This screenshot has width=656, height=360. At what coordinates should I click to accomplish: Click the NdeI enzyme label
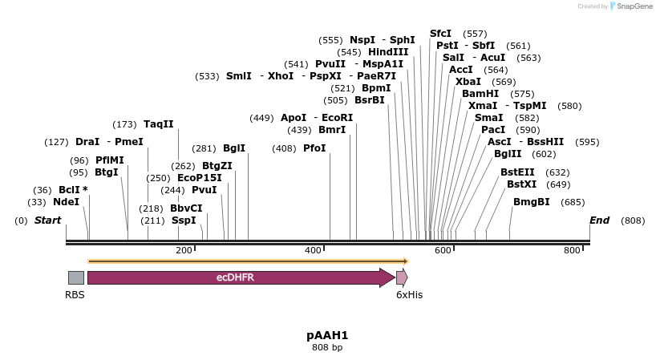pyautogui.click(x=66, y=202)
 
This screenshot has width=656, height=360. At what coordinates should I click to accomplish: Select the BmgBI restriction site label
pyautogui.click(x=531, y=202)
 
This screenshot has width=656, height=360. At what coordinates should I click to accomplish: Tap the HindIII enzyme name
pyautogui.click(x=388, y=52)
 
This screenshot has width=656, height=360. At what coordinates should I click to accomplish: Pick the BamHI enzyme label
pyautogui.click(x=480, y=94)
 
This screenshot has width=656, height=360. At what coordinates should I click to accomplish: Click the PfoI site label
pyautogui.click(x=314, y=148)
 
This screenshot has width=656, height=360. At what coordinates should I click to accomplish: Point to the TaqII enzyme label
pyautogui.click(x=158, y=124)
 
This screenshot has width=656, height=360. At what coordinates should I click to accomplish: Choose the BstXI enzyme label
pyautogui.click(x=521, y=184)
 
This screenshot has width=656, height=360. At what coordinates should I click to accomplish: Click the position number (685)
pyautogui.click(x=573, y=202)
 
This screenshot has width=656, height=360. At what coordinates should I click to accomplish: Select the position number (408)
pyautogui.click(x=284, y=148)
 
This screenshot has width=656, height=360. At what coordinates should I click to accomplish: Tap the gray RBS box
pyautogui.click(x=75, y=277)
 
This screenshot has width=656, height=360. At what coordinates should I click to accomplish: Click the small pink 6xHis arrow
pyautogui.click(x=402, y=277)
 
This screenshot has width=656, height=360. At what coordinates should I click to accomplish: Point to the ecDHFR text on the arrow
pyautogui.click(x=235, y=277)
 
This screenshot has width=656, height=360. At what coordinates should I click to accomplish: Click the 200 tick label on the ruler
pyautogui.click(x=184, y=251)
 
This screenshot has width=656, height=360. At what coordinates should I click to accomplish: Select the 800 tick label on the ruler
pyautogui.click(x=572, y=251)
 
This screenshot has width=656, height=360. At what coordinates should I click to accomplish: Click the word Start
pyautogui.click(x=47, y=220)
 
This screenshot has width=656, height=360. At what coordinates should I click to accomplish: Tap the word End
pyautogui.click(x=599, y=220)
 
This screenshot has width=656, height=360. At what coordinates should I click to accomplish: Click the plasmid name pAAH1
pyautogui.click(x=327, y=335)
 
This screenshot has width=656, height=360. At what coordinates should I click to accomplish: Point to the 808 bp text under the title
pyautogui.click(x=327, y=348)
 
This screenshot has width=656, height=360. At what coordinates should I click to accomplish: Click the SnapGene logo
pyautogui.click(x=631, y=6)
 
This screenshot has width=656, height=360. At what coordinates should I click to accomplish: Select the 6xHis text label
pyautogui.click(x=409, y=294)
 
